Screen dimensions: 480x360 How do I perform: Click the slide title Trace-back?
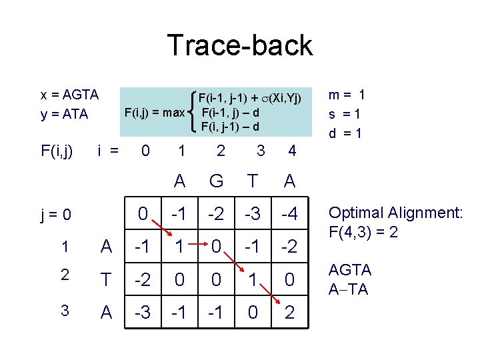[x=239, y=45]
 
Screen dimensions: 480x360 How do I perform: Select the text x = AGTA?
[x=69, y=95]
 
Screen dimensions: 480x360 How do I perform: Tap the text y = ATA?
[x=64, y=114]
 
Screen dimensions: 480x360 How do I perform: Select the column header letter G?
[x=216, y=181]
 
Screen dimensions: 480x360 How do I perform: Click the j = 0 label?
[x=56, y=215]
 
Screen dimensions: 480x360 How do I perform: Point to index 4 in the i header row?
[x=291, y=151]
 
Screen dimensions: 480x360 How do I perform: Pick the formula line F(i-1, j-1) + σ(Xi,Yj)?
[x=250, y=99]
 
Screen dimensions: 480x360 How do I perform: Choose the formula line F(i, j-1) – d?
[x=230, y=126]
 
